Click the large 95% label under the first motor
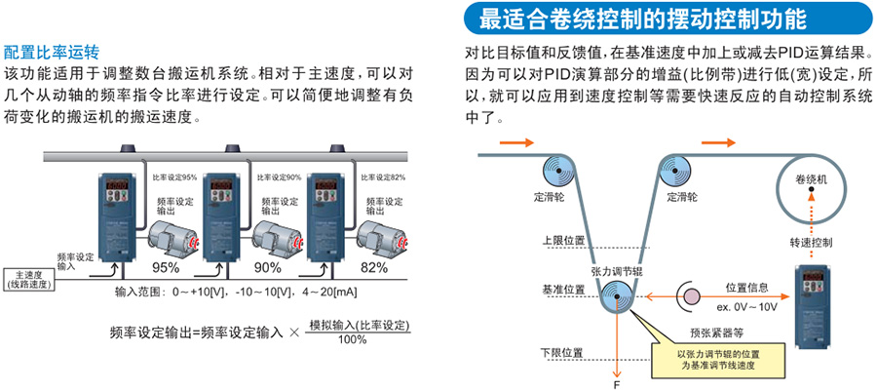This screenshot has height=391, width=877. [x=166, y=266]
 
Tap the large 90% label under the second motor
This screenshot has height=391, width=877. [x=268, y=266]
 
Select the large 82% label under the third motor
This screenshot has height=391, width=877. [x=373, y=266]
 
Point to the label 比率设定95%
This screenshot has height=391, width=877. [x=175, y=177]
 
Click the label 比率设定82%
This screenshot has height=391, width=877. [x=383, y=177]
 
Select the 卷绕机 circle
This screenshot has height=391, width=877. [x=810, y=180]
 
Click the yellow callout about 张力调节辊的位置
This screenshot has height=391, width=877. [x=718, y=357]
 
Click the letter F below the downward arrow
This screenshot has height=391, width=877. [x=616, y=384]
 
